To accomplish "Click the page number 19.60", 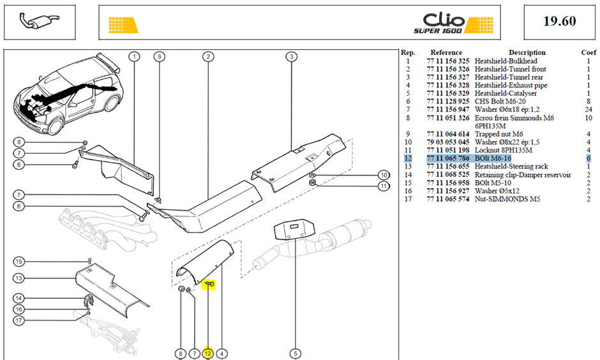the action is (x=559, y=21).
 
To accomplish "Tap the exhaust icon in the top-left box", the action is (x=40, y=20).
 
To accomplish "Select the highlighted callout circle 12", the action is (x=208, y=354).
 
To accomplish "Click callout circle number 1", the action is (x=134, y=57).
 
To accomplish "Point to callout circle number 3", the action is (x=291, y=57).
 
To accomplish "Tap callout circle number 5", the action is (x=296, y=354).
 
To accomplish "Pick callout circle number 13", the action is (x=19, y=278).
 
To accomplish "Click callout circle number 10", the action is (x=384, y=176).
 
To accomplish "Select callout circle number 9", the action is (x=159, y=57).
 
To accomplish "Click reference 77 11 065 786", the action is (x=448, y=158).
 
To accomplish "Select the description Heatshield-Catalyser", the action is (x=506, y=93).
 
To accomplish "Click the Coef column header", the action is (x=589, y=52).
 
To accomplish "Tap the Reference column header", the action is (x=446, y=52).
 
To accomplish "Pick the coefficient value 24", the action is (x=589, y=109).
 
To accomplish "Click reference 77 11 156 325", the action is (x=448, y=61).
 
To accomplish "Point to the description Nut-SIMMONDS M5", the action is (x=507, y=199).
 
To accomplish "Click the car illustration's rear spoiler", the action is (x=109, y=63).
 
